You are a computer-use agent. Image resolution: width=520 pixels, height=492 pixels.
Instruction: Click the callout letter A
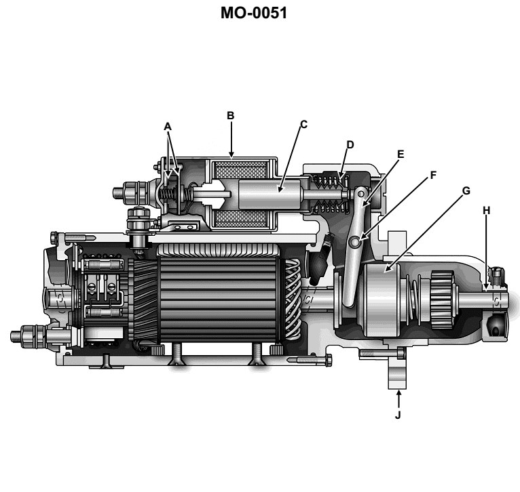pos(168,125)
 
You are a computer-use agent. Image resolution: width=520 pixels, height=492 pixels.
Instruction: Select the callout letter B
pos(231,116)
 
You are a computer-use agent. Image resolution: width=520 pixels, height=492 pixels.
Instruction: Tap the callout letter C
pos(303,124)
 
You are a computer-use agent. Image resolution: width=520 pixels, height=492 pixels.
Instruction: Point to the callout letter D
pos(350,144)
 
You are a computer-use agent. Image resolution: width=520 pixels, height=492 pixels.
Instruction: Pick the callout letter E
pos(400,154)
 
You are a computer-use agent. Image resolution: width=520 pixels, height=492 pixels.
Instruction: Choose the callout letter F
pos(432,174)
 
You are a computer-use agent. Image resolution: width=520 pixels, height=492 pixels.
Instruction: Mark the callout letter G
pos(466,190)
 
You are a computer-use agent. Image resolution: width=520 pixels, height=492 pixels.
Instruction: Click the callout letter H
pos(486,211)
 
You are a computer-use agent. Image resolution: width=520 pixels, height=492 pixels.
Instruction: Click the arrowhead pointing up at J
pos(398,393)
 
